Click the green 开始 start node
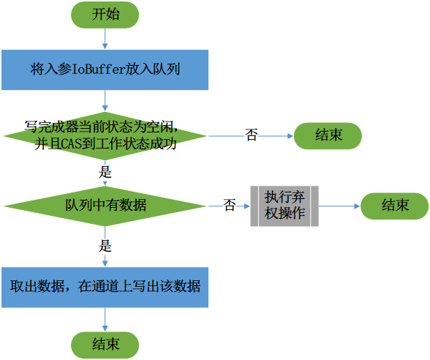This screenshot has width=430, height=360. pos(105,15)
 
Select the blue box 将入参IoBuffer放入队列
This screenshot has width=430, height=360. pos(105,70)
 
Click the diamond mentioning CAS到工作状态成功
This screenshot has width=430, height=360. pos(105,135)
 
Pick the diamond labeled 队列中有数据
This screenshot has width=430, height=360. pos(105,206)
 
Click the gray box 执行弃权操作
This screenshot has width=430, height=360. pos(284,206)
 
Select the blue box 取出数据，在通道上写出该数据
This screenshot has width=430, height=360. pos(105,286)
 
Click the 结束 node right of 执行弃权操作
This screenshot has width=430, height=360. pos(394,206)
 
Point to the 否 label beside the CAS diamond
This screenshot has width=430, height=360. pos(251,135)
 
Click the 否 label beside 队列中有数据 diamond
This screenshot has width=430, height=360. pos(229,206)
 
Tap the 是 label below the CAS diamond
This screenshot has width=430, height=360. pos(105,173)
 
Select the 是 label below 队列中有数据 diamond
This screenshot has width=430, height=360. pos(105,246)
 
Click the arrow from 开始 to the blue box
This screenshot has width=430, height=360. pos(105,40)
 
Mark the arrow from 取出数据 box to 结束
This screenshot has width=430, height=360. pos(105,318)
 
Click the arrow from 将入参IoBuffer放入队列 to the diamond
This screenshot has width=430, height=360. pos(105,98)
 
